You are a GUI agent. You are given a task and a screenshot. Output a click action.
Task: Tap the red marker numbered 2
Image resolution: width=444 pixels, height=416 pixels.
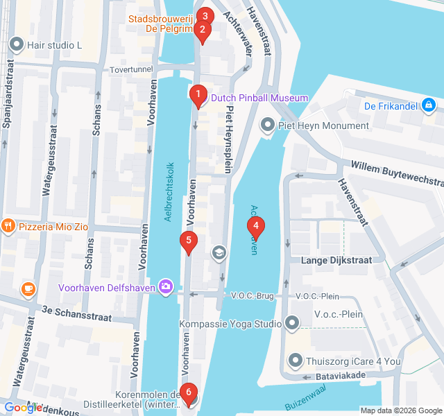pyautogui.click(x=202, y=31)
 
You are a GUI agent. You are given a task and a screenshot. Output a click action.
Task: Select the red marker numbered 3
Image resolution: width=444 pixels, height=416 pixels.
pyautogui.click(x=204, y=17)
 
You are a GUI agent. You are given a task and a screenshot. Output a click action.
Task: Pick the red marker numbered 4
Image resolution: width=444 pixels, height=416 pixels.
pyautogui.click(x=256, y=226)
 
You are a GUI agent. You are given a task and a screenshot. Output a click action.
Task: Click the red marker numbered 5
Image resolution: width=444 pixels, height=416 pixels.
pyautogui.click(x=188, y=242)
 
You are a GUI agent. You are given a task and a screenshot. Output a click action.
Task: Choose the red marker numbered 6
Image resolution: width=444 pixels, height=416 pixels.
pyautogui.click(x=187, y=393)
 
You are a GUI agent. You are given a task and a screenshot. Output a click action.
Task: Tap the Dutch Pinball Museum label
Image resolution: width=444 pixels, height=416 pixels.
pyautogui.click(x=259, y=98)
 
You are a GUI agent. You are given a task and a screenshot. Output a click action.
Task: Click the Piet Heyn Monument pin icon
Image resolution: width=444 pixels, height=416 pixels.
pyautogui.click(x=267, y=125)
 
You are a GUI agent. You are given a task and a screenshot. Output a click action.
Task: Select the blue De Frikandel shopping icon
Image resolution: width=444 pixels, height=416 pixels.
pyautogui.click(x=429, y=106)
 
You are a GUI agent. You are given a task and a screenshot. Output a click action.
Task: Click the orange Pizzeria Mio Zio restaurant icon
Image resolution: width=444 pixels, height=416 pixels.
pyautogui.click(x=8, y=225)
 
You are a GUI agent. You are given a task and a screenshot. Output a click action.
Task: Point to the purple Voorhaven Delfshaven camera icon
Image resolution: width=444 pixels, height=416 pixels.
pyautogui.click(x=165, y=286)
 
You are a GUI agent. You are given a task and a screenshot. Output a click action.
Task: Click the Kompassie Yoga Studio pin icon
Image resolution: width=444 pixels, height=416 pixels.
pyautogui.click(x=292, y=324)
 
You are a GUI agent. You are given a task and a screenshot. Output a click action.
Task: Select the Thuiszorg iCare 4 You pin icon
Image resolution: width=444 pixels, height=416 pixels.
pyautogui.click(x=296, y=360)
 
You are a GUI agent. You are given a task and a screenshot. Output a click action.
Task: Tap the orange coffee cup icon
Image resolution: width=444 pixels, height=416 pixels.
pyautogui.click(x=28, y=288)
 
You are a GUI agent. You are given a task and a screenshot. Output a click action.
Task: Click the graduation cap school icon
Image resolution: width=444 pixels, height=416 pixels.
pyautogui.click(x=219, y=252)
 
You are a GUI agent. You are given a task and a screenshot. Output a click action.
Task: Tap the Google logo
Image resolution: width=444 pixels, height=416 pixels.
pyautogui.click(x=23, y=408)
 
